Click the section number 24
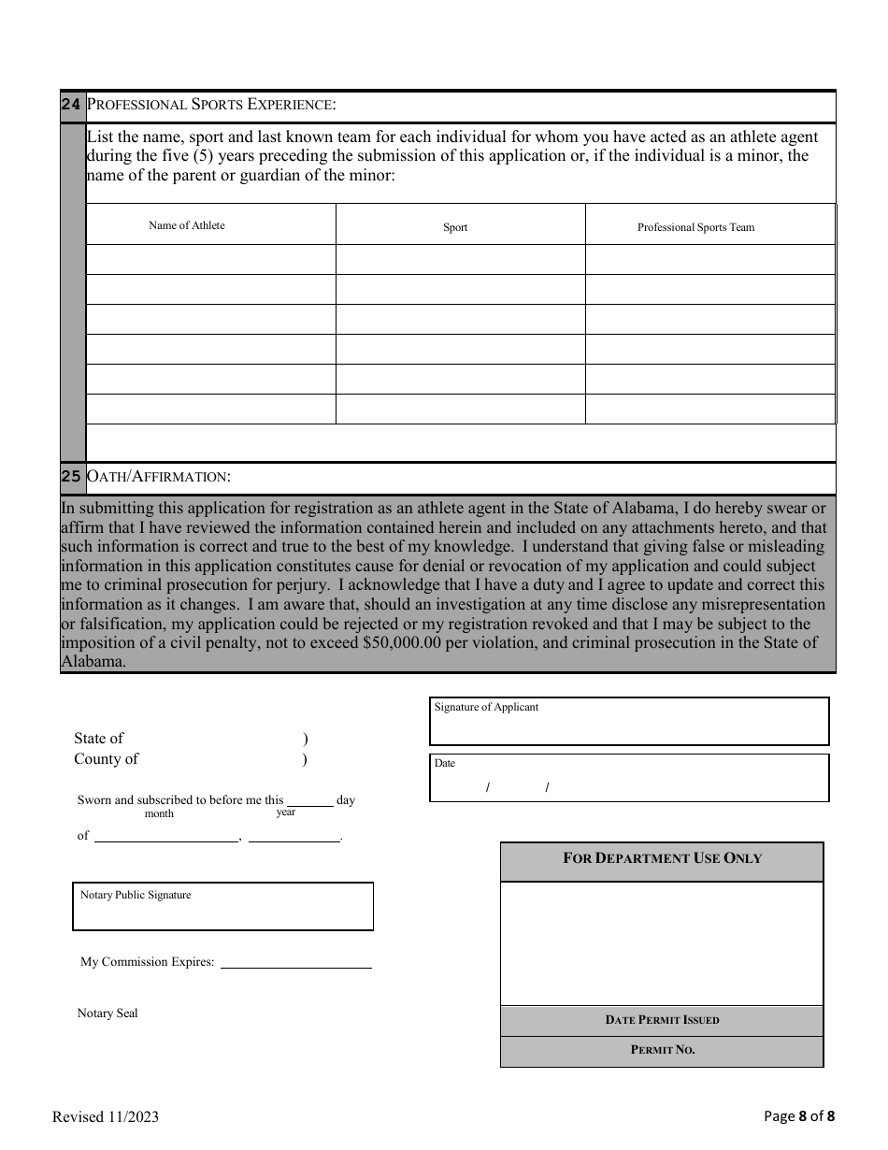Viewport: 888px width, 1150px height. click(71, 105)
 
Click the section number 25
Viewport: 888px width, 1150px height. click(71, 477)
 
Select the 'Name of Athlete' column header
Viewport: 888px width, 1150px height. click(187, 225)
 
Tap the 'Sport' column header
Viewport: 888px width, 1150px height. click(455, 227)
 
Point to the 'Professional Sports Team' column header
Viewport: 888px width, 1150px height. click(695, 227)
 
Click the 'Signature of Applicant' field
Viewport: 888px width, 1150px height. click(629, 722)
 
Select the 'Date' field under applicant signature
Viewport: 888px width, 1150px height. click(629, 778)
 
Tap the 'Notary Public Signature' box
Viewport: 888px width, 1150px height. click(222, 907)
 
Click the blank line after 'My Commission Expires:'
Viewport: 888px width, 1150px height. click(295, 962)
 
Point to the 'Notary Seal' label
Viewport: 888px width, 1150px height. click(107, 1013)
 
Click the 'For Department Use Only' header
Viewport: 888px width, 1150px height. click(662, 858)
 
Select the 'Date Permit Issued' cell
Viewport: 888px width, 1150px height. click(662, 1020)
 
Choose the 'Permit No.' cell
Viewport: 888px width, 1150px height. click(662, 1050)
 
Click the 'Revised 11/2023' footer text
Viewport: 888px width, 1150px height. click(106, 1116)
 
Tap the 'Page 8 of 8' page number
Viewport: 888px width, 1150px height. click(799, 1115)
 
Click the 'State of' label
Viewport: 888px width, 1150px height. click(99, 739)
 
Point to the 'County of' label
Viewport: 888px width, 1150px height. click(106, 759)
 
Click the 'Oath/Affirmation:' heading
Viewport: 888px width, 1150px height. click(159, 477)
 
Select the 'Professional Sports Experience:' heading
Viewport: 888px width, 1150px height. click(211, 105)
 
